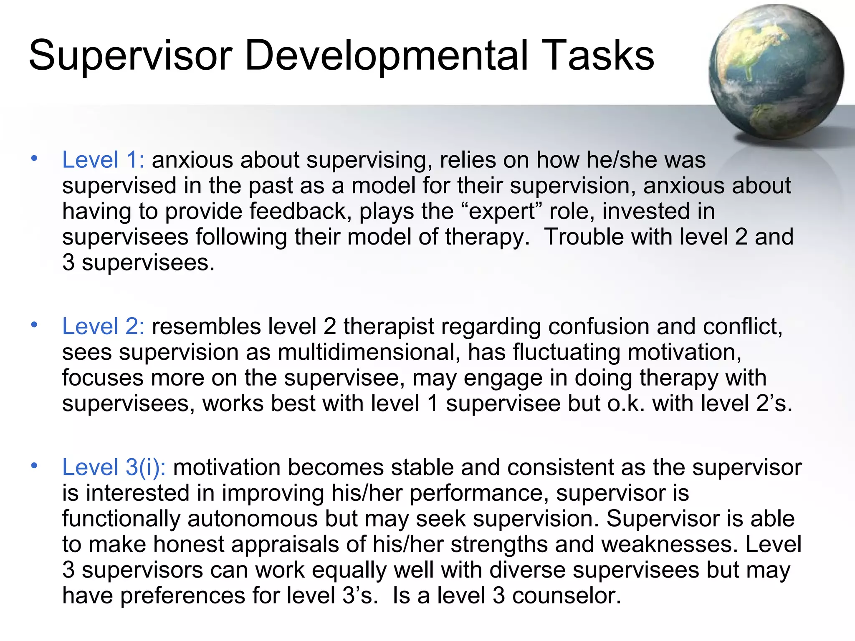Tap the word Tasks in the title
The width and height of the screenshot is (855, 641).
click(600, 56)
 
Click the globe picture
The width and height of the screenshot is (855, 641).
click(776, 72)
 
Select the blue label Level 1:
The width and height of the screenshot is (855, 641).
click(103, 160)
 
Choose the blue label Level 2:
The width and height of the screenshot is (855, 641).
click(103, 326)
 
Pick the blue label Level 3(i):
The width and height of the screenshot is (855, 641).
click(114, 467)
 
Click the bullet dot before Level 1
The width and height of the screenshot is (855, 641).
click(34, 159)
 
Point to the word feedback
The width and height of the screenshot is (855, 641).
click(298, 211)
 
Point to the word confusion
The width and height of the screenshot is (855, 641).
click(598, 326)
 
